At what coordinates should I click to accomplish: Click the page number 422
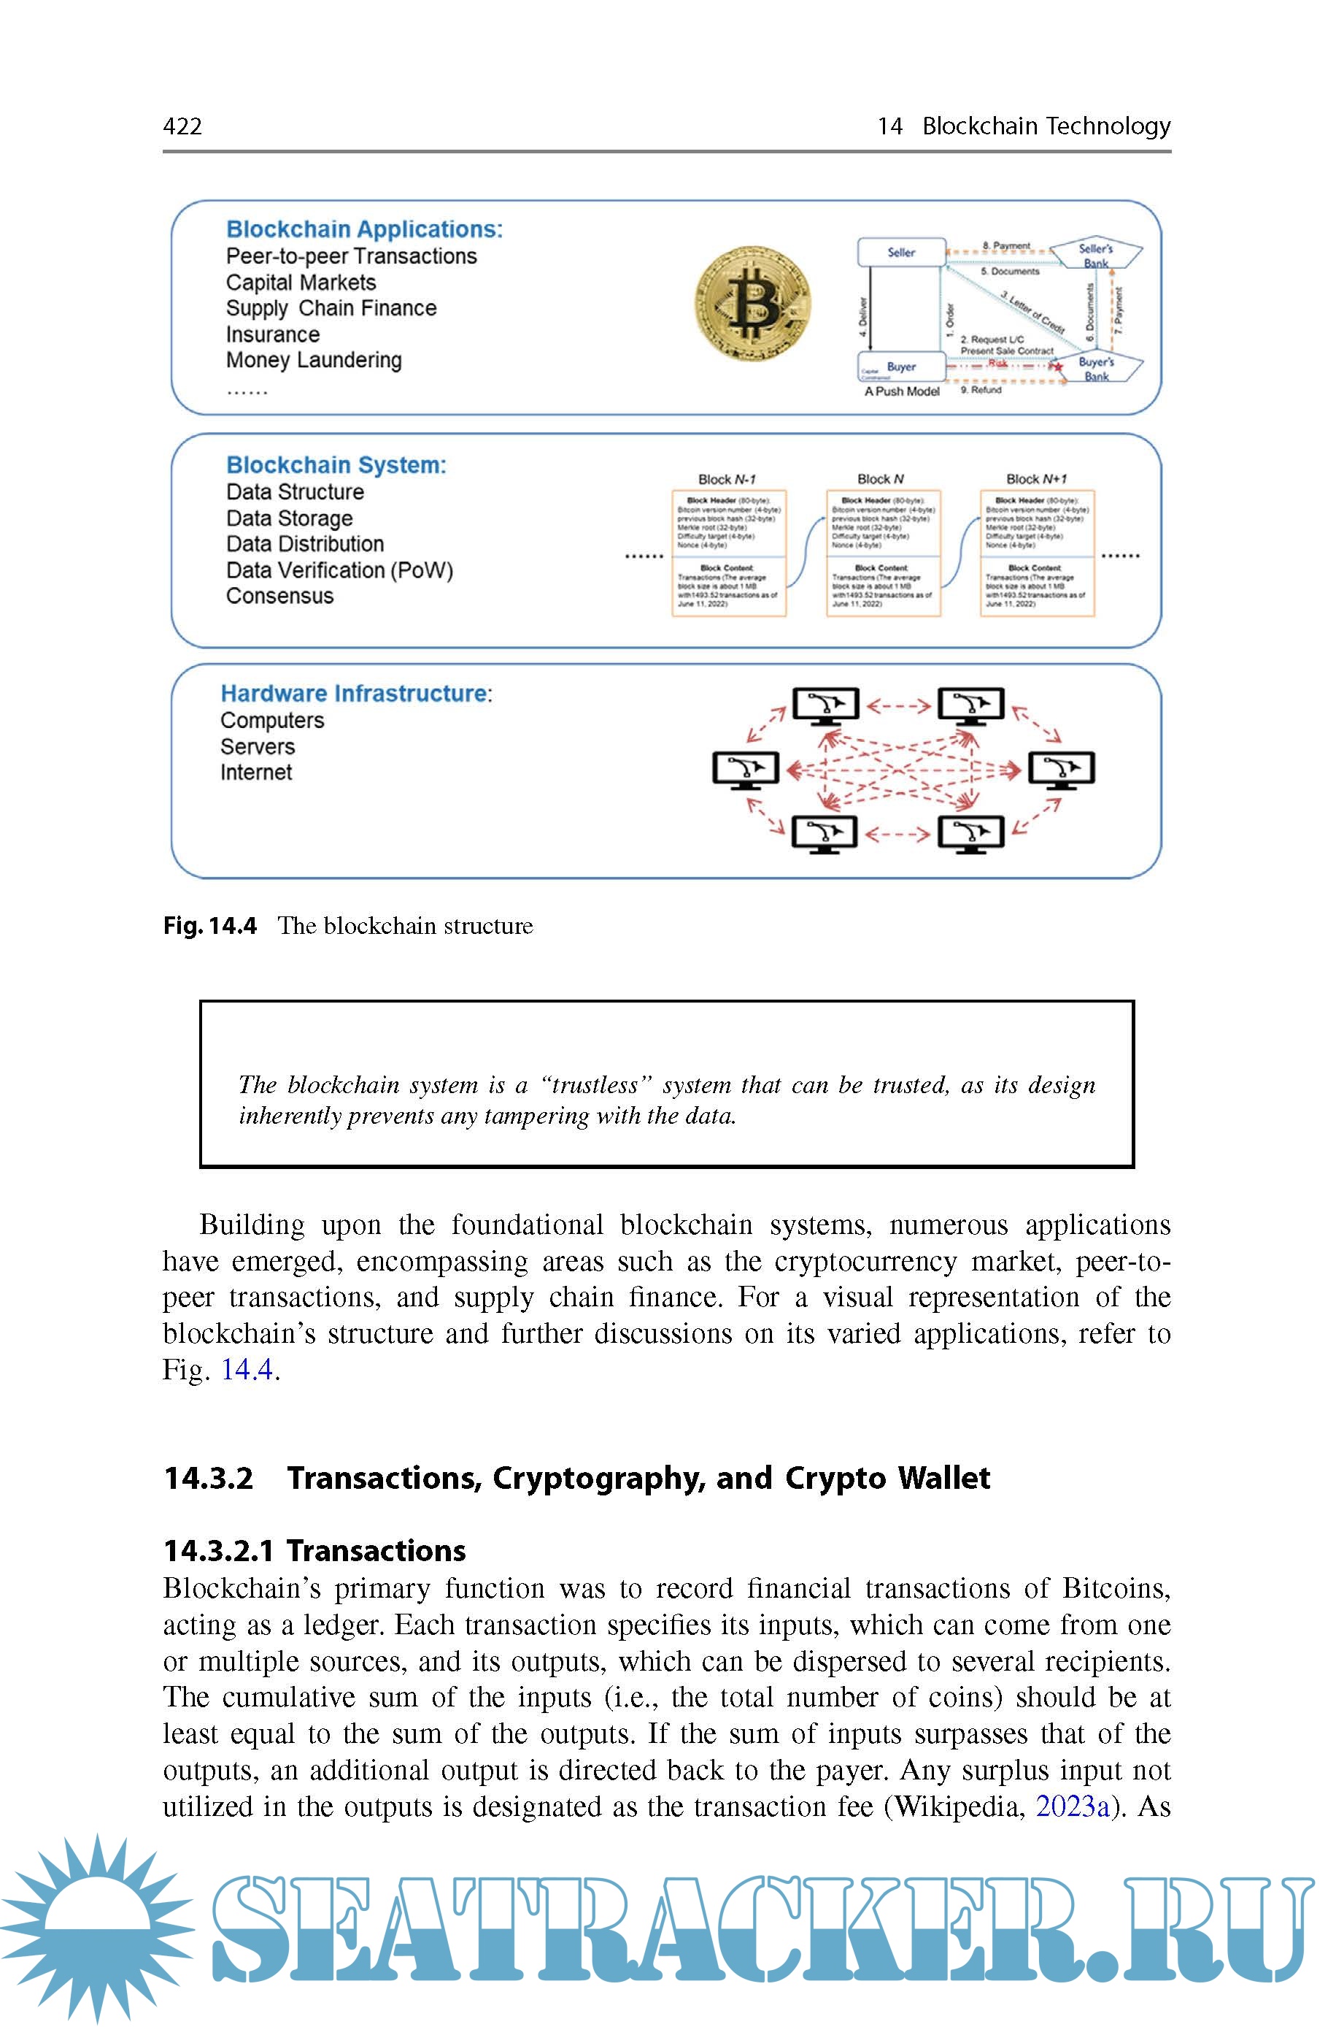[182, 126]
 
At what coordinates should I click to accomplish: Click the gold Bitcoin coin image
[753, 304]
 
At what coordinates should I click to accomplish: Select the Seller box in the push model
[900, 253]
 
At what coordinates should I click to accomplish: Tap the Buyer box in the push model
[900, 367]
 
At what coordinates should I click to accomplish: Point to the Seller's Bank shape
[1096, 254]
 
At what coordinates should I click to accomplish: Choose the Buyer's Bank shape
[1096, 368]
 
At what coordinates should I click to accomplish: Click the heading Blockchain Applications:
[364, 229]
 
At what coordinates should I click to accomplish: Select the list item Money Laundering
[314, 361]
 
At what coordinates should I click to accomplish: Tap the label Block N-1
[727, 479]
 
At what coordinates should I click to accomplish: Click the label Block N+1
[1036, 479]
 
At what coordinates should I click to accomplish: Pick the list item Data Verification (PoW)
[339, 570]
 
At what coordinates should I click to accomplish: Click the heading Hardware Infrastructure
[355, 694]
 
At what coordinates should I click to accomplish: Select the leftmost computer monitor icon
[746, 770]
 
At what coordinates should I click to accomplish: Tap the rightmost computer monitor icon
[1061, 770]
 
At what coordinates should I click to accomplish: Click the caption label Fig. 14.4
[209, 926]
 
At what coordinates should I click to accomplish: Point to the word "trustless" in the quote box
[596, 1085]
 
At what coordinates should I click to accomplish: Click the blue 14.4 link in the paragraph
[247, 1370]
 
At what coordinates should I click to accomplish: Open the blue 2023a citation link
[1073, 1807]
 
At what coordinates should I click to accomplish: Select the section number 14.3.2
[209, 1478]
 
